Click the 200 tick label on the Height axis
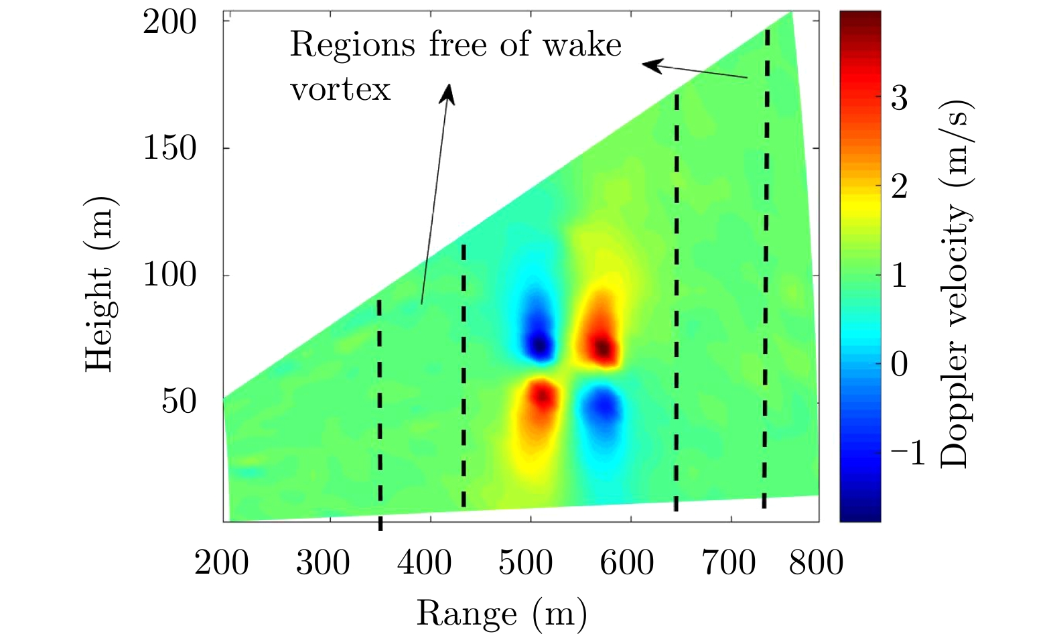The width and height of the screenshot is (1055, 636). pos(170,23)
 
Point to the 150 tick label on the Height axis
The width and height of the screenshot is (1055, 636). pos(170,148)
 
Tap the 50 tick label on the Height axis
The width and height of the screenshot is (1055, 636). pos(179,401)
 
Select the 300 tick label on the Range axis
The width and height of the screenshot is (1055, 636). pos(323,562)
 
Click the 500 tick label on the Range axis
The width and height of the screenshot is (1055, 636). pos(525,562)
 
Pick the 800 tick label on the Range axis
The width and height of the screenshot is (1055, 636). pos(816,562)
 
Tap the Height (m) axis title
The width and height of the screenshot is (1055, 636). pos(100,284)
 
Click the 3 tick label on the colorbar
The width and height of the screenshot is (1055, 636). pos(899,98)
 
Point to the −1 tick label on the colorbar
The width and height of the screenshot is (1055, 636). pos(908,453)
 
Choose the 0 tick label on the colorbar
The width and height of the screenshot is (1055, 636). pos(899,365)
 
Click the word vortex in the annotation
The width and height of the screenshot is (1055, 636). pos(340,89)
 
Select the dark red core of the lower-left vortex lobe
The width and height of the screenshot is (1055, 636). pos(543,397)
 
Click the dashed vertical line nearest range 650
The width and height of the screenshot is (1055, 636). pos(677,302)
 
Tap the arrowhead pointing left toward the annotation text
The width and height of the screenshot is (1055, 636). pos(652,65)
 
